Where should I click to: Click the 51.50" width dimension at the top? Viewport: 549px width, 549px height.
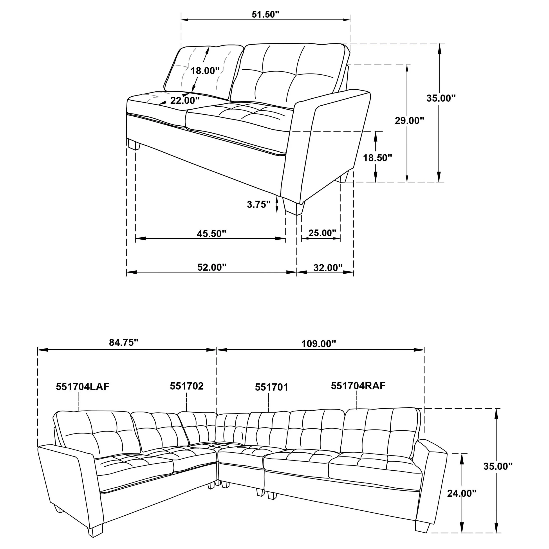coord(265,14)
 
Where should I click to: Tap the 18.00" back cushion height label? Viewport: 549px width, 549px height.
coord(205,70)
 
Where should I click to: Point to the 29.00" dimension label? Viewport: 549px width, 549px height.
coord(409,121)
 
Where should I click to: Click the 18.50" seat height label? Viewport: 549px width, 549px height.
coord(377,158)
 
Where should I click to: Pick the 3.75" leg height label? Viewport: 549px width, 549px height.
coord(259,204)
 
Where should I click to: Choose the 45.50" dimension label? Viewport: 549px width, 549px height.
coord(211,234)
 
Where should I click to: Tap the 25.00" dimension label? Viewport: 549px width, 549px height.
coord(322,233)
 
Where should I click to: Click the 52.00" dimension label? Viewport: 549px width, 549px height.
coord(212,267)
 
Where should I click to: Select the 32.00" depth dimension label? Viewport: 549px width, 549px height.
coord(328,267)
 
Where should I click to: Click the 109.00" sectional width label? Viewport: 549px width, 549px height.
coord(319,344)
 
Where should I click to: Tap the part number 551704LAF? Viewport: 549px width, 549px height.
coord(82,387)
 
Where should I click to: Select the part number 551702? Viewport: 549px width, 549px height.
coord(187,386)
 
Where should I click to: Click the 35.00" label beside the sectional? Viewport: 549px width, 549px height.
coord(498,466)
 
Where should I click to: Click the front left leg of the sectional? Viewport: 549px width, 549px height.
coord(95,528)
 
